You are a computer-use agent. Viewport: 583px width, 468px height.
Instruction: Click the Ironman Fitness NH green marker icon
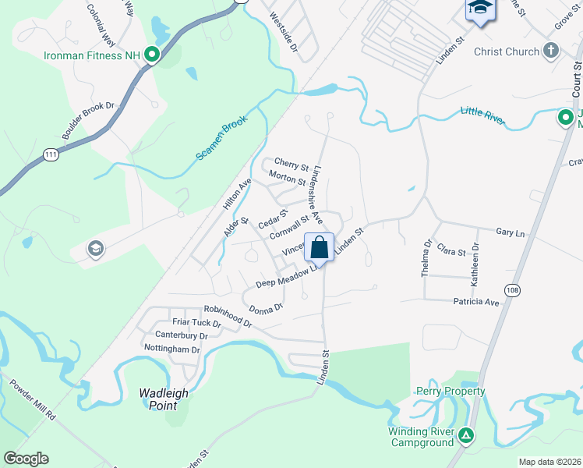(x=153, y=55)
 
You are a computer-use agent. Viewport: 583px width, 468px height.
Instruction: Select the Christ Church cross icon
(x=551, y=51)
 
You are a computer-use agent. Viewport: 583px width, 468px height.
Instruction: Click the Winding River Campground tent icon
(x=465, y=435)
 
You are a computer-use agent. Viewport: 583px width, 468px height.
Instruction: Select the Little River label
(x=483, y=115)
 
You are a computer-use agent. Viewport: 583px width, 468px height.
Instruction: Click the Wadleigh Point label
(x=164, y=399)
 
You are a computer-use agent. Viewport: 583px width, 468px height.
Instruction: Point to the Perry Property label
(x=450, y=391)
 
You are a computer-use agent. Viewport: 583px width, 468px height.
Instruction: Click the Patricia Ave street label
(x=475, y=301)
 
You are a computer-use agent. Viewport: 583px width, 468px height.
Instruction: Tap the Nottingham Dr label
(x=172, y=349)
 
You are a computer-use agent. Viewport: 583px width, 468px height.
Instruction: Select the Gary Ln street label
(x=511, y=232)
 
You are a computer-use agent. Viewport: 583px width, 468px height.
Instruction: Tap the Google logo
(x=26, y=459)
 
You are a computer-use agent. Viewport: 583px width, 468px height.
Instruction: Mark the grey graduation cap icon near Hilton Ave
(x=95, y=249)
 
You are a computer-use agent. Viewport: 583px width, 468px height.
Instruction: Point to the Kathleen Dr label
(x=475, y=263)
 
